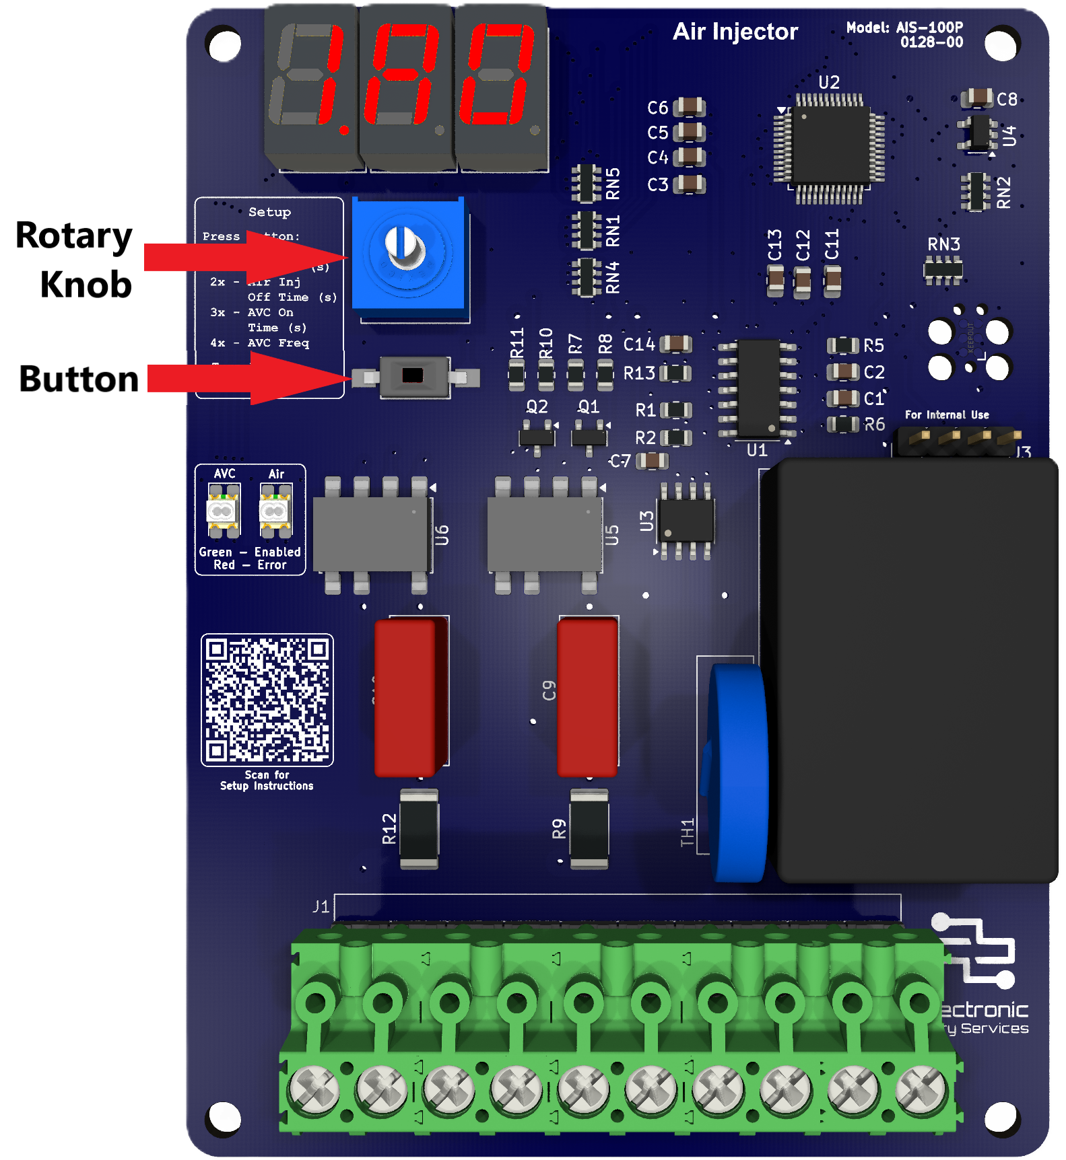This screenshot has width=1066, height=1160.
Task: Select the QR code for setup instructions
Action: pos(267,700)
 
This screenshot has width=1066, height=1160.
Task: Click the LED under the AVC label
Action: pos(223,511)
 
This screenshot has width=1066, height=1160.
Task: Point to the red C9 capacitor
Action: pos(587,697)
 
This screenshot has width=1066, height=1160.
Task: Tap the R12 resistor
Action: pos(419,828)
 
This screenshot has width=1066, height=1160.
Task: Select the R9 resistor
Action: pos(589,828)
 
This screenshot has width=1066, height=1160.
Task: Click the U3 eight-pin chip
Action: pos(686,521)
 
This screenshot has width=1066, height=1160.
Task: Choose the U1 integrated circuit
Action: pos(759,388)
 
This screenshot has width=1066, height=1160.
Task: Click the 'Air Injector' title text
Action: pos(735,32)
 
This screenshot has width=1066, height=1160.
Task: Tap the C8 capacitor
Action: pos(977,99)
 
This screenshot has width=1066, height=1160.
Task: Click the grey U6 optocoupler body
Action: pos(371,534)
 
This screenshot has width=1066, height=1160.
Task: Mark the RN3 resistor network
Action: pos(943,270)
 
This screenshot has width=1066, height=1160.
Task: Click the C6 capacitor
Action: pos(689,107)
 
